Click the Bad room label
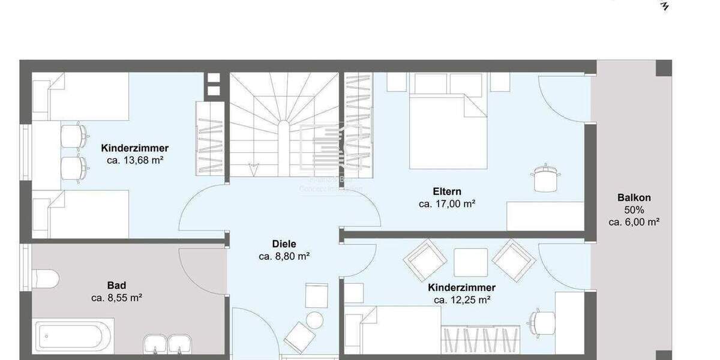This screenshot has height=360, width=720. [116, 285]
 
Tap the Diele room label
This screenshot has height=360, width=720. [284, 244]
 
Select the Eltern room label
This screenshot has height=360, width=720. [447, 191]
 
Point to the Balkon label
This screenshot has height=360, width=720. [634, 197]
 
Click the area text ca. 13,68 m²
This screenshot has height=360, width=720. [135, 160]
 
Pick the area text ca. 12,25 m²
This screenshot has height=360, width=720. [462, 299]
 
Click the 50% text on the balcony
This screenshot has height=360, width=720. [634, 209]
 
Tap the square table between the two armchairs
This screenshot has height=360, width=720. [470, 262]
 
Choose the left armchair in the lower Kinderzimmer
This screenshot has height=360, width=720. [425, 259]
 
